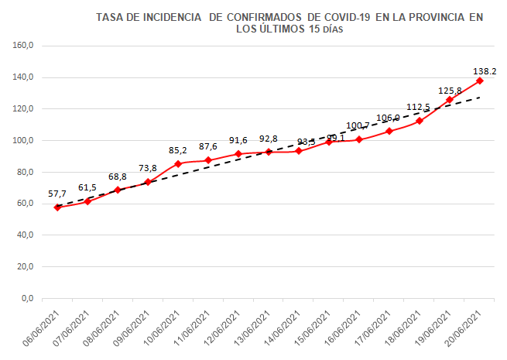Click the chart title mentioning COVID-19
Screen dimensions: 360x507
[x=289, y=23]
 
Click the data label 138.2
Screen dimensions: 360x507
[x=485, y=71]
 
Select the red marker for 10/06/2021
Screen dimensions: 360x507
[x=178, y=163]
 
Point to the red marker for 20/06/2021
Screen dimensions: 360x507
[x=480, y=81]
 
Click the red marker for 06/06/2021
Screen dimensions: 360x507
[x=57, y=207]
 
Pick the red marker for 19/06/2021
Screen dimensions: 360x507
[x=450, y=100]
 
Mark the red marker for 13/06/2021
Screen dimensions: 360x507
[x=269, y=152]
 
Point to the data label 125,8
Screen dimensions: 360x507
[x=450, y=91]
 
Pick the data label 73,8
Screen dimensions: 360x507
[x=148, y=169]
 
